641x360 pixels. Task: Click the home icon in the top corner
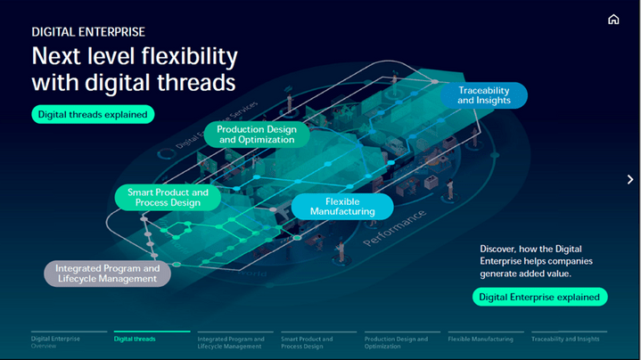(x=613, y=20)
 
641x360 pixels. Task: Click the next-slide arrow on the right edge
(x=630, y=179)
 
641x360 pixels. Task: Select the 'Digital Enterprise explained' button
(x=540, y=297)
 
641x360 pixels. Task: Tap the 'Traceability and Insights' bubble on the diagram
(x=484, y=95)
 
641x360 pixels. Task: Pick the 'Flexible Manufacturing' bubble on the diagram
(x=342, y=207)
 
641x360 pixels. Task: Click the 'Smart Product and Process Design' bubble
(x=168, y=198)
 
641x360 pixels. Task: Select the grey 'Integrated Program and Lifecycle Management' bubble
(x=108, y=274)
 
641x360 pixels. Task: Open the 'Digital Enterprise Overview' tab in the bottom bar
(x=55, y=341)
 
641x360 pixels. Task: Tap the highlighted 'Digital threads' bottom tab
(x=135, y=339)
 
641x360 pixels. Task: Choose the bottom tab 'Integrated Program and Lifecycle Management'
(x=231, y=341)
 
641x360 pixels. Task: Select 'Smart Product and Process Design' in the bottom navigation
(x=307, y=341)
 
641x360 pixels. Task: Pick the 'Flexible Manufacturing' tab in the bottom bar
(x=481, y=339)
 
